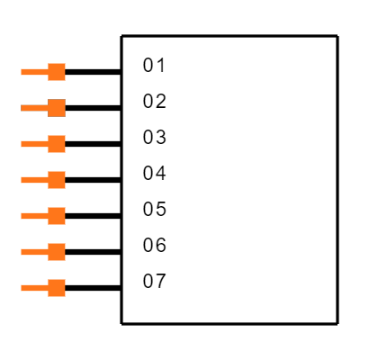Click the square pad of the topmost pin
click(57, 72)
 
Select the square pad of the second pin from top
click(57, 108)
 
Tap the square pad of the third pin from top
click(57, 144)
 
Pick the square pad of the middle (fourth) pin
click(57, 180)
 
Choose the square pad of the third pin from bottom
click(57, 216)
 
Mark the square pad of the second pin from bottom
click(57, 252)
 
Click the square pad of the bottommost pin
click(57, 288)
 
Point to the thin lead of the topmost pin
click(34, 72)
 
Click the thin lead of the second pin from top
click(34, 108)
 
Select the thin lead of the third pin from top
click(34, 144)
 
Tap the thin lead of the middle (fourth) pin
click(34, 180)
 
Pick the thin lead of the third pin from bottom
click(34, 216)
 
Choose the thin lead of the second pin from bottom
click(34, 252)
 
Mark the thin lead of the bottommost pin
click(34, 288)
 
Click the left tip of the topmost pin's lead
click(22, 72)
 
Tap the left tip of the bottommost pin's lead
click(22, 288)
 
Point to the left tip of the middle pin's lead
click(22, 180)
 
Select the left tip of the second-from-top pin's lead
click(22, 108)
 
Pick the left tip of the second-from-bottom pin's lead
click(22, 252)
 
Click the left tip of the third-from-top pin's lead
click(22, 144)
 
